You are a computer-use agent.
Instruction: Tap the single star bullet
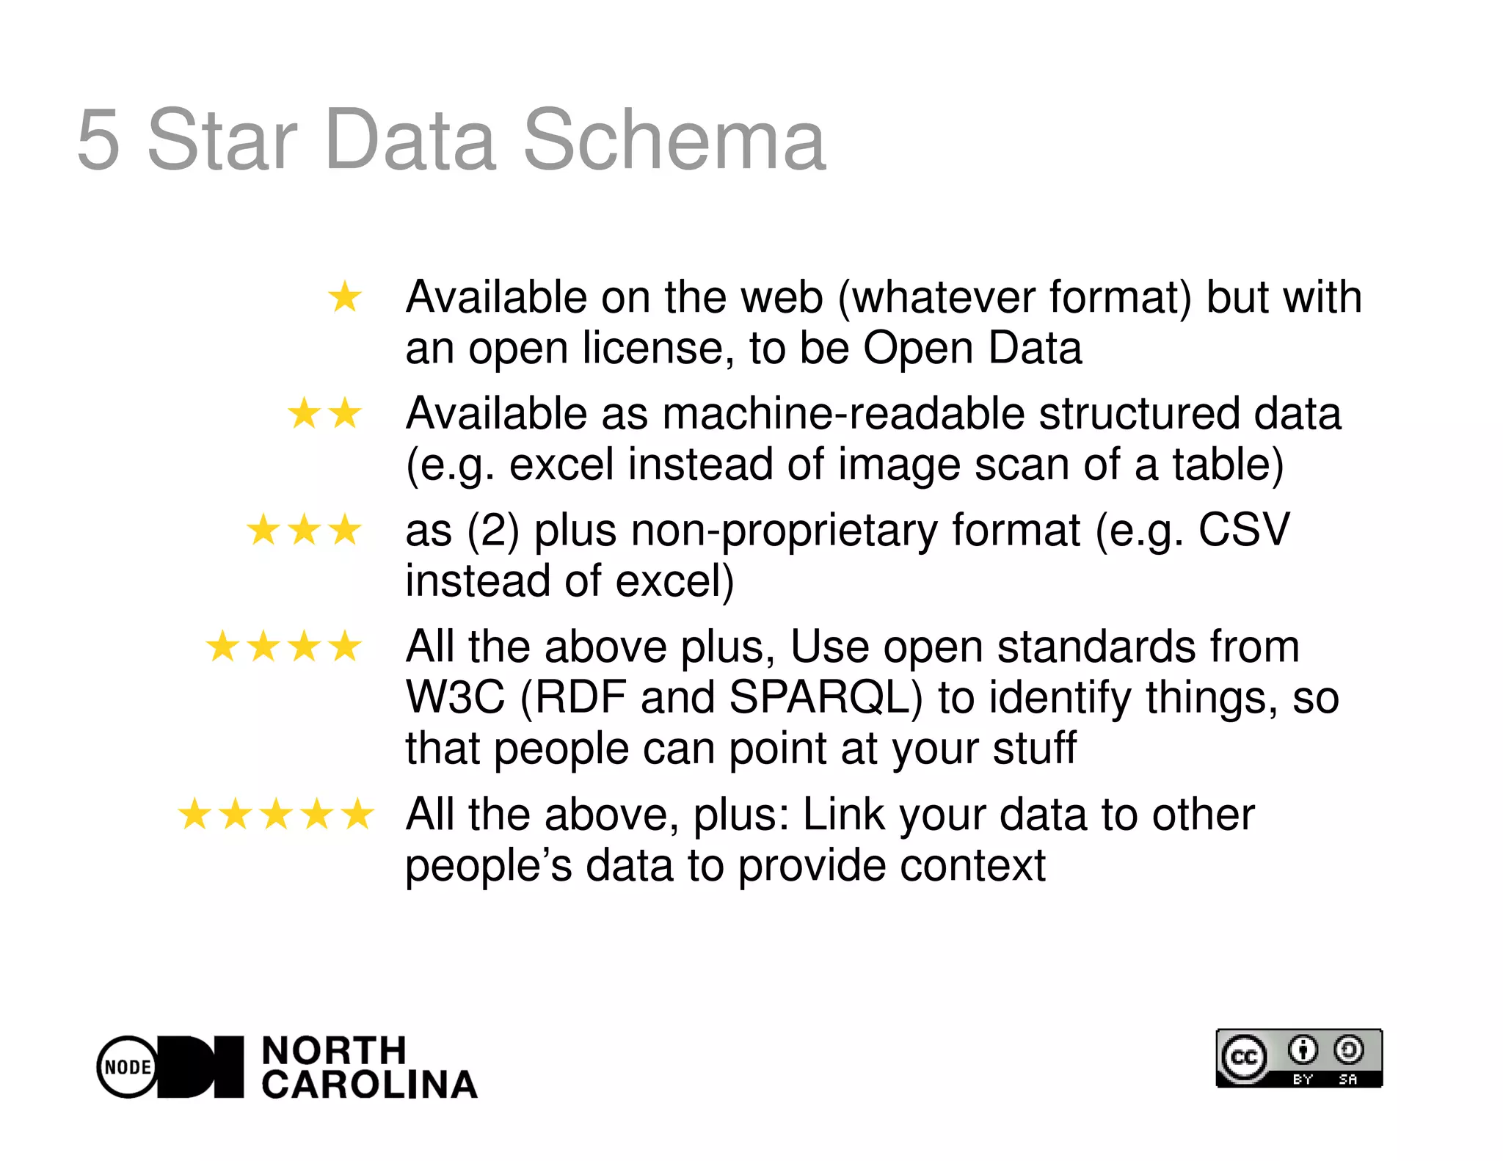pyautogui.click(x=344, y=297)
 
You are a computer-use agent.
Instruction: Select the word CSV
pyautogui.click(x=1243, y=530)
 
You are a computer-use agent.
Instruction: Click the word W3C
pyautogui.click(x=455, y=697)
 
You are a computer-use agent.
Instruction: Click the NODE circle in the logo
pyautogui.click(x=128, y=1067)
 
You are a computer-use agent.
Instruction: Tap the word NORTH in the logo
pyautogui.click(x=334, y=1051)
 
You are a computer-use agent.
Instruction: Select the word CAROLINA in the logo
pyautogui.click(x=369, y=1085)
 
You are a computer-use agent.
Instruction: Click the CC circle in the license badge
pyautogui.click(x=1244, y=1058)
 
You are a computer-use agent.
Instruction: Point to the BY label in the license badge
pyautogui.click(x=1303, y=1080)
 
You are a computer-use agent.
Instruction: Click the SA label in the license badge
pyautogui.click(x=1348, y=1080)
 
